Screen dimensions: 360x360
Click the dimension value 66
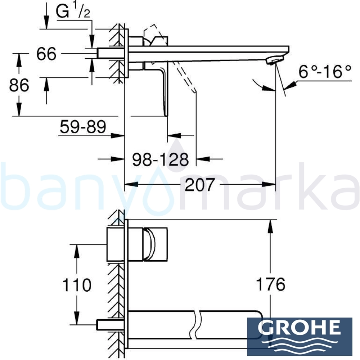(x=46, y=54)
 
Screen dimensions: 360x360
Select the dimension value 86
(x=19, y=85)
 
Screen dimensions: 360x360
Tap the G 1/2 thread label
(x=73, y=11)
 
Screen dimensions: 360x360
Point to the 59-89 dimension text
(x=83, y=126)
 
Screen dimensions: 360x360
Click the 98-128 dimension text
(x=161, y=159)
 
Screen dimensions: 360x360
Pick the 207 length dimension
(x=199, y=185)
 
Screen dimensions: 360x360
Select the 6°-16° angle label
(x=325, y=72)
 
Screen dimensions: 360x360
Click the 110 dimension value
(x=77, y=285)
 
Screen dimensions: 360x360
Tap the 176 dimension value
(x=271, y=284)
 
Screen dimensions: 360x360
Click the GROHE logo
(x=300, y=338)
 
